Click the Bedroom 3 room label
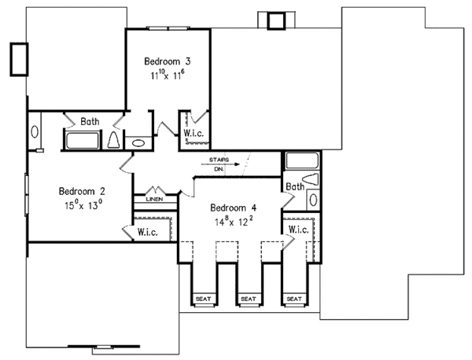click(167, 61)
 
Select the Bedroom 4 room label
click(234, 208)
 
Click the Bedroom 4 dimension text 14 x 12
click(234, 222)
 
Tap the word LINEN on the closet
click(154, 200)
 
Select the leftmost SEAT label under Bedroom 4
click(204, 299)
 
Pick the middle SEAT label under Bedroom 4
click(249, 299)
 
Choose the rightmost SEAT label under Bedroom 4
click(294, 299)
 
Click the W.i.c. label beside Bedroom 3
click(194, 134)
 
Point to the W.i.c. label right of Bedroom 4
click(299, 230)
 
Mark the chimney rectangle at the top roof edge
click(277, 21)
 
